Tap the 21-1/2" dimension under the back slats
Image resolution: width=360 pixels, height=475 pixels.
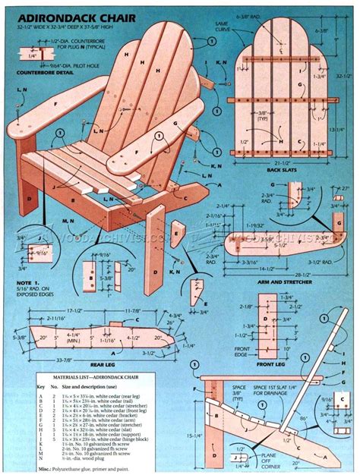(x=283, y=162)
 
